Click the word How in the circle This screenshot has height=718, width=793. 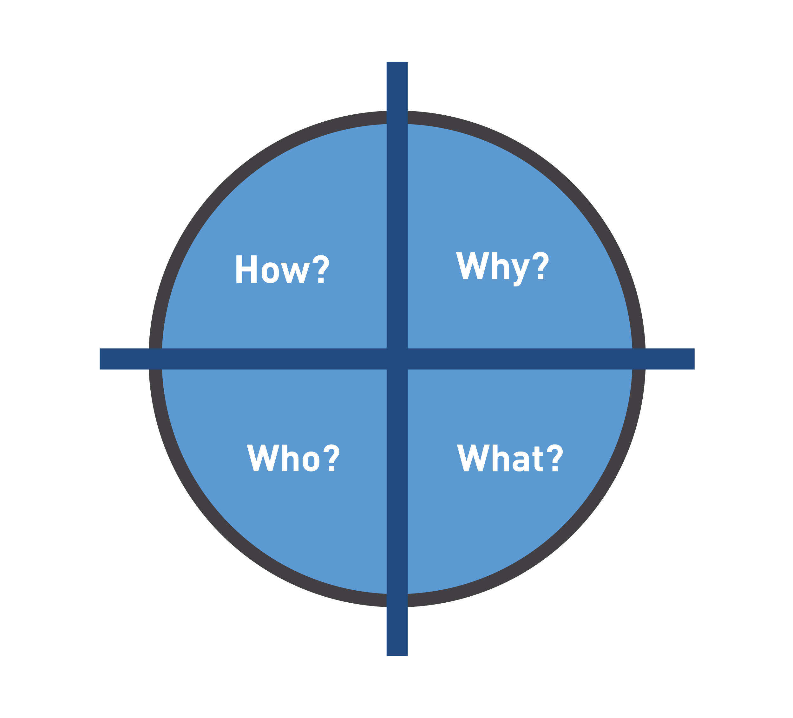(x=273, y=269)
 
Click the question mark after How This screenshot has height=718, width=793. (x=321, y=269)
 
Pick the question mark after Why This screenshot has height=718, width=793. (x=541, y=265)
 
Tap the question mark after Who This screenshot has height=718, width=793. (x=331, y=458)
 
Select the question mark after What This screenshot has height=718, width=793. (x=555, y=458)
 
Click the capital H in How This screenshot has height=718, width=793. (x=246, y=269)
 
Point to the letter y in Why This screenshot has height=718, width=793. (x=521, y=273)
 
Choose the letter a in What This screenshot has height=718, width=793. (x=521, y=461)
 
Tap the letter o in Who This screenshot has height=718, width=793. (x=311, y=461)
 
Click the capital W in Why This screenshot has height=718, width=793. (x=472, y=266)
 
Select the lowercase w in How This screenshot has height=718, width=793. (x=295, y=273)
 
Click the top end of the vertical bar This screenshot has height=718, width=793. (x=397, y=62)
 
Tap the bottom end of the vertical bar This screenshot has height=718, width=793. (x=397, y=655)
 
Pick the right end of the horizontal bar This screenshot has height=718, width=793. (x=694, y=359)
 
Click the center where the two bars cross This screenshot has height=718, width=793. (x=397, y=359)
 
